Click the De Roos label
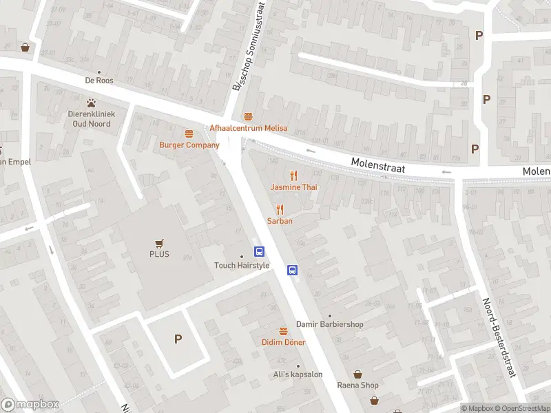(x=99, y=81)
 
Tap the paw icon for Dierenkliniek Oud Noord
(x=90, y=102)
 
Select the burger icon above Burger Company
(x=189, y=133)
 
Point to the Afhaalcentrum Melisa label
(x=249, y=128)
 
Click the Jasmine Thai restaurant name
(x=293, y=187)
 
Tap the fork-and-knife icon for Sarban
(x=280, y=209)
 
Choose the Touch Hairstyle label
(x=241, y=266)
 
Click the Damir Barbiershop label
(x=329, y=324)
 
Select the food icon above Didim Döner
(x=283, y=330)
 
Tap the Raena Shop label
(x=357, y=385)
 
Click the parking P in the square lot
(x=178, y=339)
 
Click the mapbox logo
(x=30, y=405)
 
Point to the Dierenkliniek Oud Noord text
(x=90, y=119)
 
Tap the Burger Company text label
(x=189, y=145)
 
